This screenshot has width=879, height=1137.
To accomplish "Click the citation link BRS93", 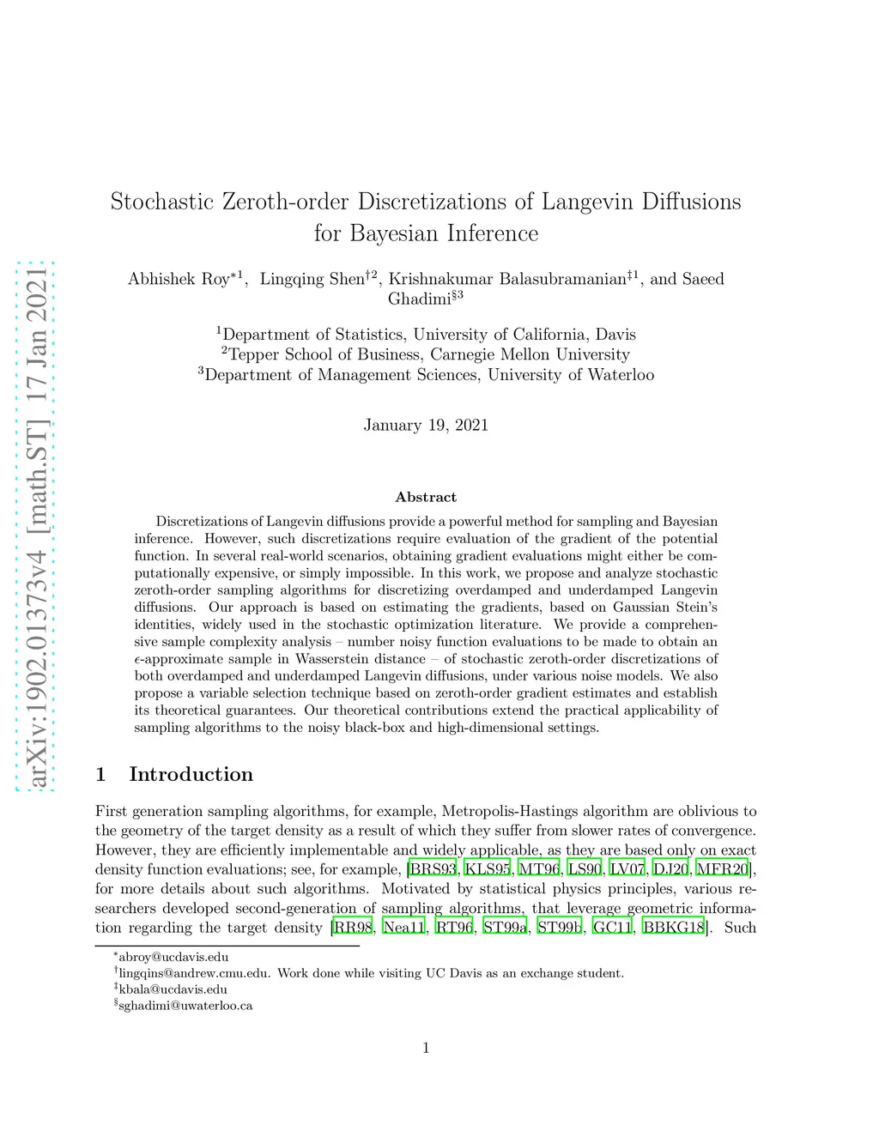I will click(x=433, y=869).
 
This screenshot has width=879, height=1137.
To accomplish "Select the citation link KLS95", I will click(x=487, y=869).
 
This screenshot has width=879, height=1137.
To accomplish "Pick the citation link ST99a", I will click(x=505, y=928).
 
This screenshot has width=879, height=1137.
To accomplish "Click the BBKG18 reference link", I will click(x=674, y=928).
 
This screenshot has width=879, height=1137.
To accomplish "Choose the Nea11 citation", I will click(x=403, y=928).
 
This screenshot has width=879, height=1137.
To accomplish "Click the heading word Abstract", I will click(x=426, y=498).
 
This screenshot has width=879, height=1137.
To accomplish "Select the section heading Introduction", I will click(x=191, y=775).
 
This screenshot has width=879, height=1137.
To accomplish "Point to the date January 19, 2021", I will click(x=426, y=426).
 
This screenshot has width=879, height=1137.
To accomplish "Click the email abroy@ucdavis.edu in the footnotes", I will click(x=173, y=957).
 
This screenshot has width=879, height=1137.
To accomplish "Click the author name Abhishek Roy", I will click(x=179, y=279).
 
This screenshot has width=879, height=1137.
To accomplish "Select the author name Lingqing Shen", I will click(x=312, y=279).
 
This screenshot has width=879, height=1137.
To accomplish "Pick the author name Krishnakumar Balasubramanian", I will click(x=507, y=279).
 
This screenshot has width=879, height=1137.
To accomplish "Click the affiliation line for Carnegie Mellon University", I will click(x=426, y=354).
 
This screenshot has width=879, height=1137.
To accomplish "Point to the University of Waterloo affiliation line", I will click(x=426, y=375).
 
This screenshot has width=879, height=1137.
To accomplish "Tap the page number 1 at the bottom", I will click(x=426, y=1048).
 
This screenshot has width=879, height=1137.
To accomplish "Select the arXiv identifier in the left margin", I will click(x=37, y=525).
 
